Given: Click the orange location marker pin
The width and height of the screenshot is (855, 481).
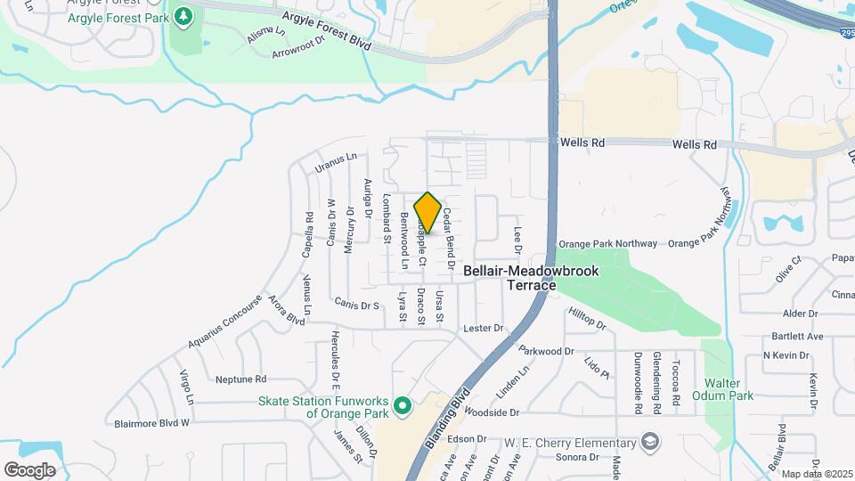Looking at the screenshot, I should (427, 213).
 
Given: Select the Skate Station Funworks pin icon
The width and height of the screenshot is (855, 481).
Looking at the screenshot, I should (401, 407).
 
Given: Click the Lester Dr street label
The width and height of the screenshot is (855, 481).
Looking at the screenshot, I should (484, 329).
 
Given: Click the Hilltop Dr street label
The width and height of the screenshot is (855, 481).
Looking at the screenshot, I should (587, 317).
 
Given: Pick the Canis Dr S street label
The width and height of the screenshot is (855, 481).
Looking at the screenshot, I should (357, 305).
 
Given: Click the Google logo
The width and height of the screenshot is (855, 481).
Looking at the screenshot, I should (29, 469).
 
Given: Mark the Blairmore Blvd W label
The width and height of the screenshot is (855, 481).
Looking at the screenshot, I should (147, 422).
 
